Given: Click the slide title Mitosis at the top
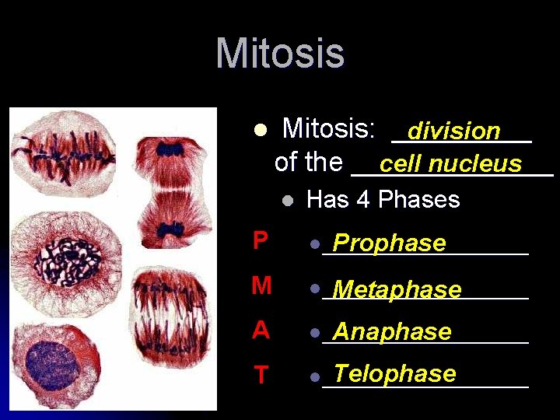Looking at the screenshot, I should point(280,54).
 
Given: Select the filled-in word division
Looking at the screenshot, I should point(454,131).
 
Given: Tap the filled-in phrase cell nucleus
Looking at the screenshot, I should point(450,163).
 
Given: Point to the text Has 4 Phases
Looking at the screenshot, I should point(383,200).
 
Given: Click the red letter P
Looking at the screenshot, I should point(261,242).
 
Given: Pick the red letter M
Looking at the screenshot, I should point(261,286).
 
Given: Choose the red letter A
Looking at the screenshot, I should point(261,331).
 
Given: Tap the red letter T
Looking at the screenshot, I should point(261,376).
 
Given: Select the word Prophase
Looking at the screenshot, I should point(389,243).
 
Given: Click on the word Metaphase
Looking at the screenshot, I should point(397,289).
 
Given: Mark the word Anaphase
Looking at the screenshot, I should point(392,332).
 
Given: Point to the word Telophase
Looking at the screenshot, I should point(394,374).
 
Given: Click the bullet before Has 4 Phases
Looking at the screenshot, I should point(287,201).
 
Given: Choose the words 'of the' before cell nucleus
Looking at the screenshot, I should point(309,162).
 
